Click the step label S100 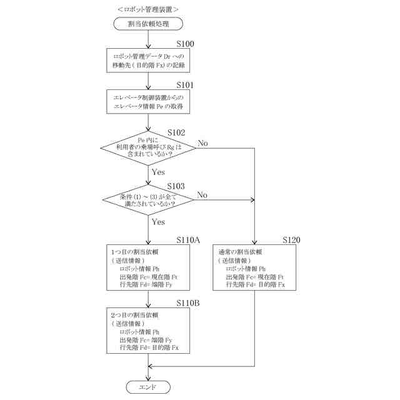click(x=185, y=44)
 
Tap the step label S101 click(x=185, y=85)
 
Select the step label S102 click(x=176, y=132)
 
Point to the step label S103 click(x=176, y=186)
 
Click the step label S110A click(x=188, y=240)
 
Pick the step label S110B click(x=188, y=302)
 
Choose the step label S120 click(x=291, y=240)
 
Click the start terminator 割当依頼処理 click(x=148, y=24)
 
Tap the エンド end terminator click(x=148, y=387)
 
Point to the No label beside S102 click(x=202, y=143)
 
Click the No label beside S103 click(x=202, y=195)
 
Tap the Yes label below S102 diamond click(x=158, y=172)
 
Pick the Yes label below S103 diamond click(x=158, y=222)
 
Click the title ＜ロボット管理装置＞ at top click(x=148, y=9)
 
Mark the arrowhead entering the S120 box click(x=254, y=242)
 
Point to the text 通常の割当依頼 click(x=240, y=252)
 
